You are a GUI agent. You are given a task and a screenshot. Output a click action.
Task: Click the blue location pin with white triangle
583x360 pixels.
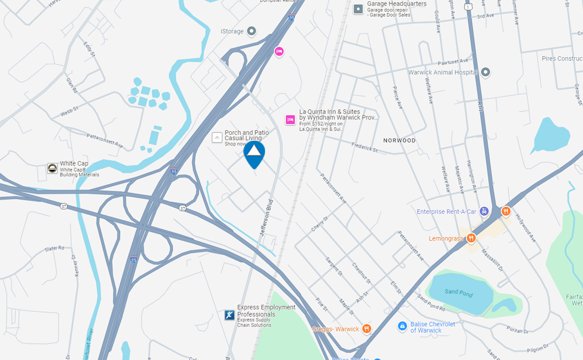point(254,153)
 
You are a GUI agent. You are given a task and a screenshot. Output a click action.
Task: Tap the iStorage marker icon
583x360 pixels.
point(251,31)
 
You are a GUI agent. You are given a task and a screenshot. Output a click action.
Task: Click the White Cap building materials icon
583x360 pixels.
point(52,168)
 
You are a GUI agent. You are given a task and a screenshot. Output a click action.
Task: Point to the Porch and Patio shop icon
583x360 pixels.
point(218,138)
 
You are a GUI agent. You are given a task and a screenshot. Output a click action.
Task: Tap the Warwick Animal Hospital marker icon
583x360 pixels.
point(486,72)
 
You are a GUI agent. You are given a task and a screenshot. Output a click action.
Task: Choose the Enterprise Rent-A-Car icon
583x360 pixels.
point(484,211)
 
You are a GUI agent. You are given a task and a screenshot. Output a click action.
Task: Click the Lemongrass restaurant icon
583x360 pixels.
point(471,238)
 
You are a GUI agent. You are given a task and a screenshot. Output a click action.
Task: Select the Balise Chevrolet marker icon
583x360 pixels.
point(402,326)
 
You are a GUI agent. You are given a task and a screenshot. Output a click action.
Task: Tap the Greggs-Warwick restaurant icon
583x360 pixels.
point(367,329)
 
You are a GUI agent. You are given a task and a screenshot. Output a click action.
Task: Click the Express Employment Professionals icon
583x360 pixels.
point(229,315)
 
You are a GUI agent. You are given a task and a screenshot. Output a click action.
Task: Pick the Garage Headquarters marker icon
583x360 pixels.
point(358,9)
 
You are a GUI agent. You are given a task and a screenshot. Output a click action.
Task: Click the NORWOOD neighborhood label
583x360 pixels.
point(399,141)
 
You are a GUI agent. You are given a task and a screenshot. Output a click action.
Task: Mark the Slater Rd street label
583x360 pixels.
point(53,248)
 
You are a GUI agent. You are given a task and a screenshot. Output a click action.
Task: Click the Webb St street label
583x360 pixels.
point(70,112)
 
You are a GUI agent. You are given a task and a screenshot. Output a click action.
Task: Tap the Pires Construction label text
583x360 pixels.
point(561,59)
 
